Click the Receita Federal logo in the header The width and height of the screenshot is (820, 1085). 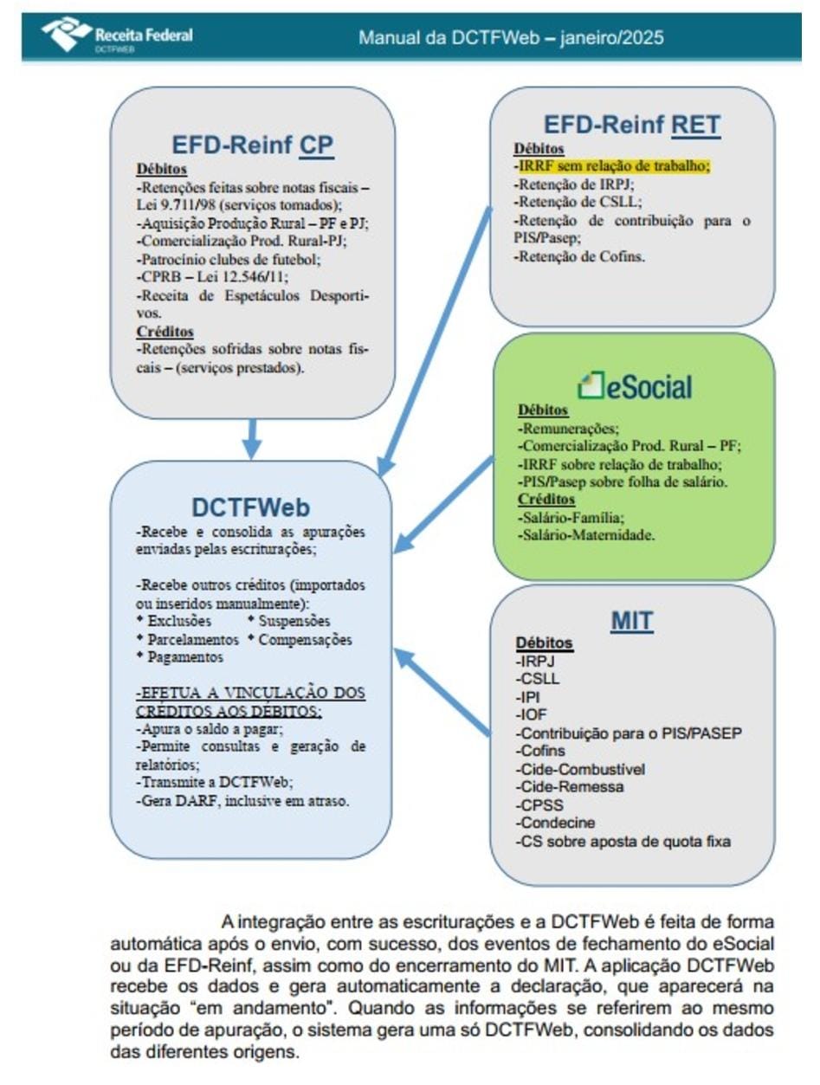(x=117, y=37)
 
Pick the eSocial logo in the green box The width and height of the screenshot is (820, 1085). (x=635, y=386)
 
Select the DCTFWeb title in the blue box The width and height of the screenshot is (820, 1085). (x=251, y=507)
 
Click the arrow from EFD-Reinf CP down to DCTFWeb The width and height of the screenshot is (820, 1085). (x=251, y=437)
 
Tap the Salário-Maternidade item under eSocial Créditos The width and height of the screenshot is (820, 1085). (x=586, y=534)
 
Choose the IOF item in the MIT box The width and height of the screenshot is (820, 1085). (x=531, y=714)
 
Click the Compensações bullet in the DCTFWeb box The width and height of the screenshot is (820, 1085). (x=305, y=640)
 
